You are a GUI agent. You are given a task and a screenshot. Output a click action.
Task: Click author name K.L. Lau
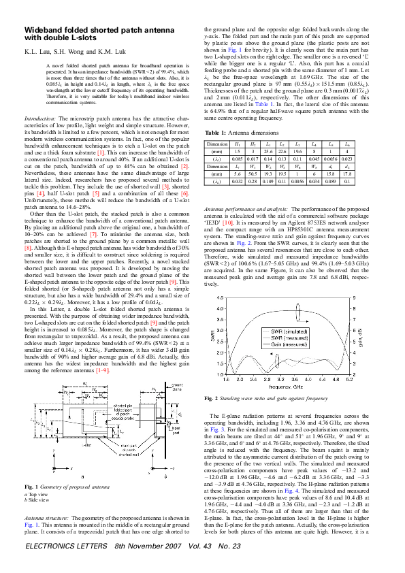[38, 51]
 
